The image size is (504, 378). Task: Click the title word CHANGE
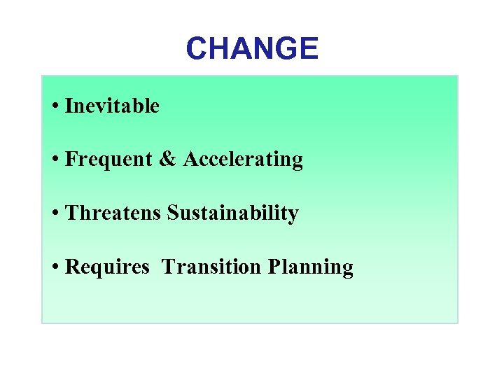click(252, 48)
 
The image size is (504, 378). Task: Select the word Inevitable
click(112, 106)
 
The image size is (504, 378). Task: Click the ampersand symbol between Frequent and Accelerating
click(168, 160)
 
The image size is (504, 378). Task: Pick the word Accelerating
click(243, 160)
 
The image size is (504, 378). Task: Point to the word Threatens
click(113, 213)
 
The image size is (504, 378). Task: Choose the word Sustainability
click(233, 213)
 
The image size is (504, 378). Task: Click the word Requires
click(107, 267)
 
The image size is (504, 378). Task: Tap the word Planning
click(309, 267)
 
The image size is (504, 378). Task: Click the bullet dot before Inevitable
click(55, 107)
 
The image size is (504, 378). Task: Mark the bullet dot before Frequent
click(55, 160)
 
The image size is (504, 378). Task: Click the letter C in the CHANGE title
click(197, 48)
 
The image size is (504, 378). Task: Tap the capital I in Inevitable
click(69, 106)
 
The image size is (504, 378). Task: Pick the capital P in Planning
click(272, 266)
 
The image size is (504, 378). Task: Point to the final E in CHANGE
click(309, 48)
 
